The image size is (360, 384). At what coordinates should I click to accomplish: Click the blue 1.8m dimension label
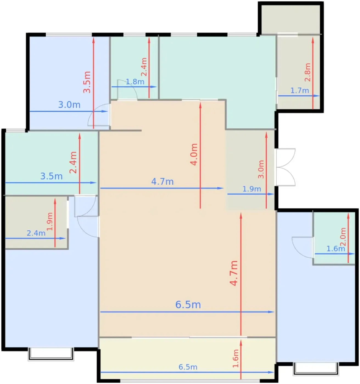tap(135, 81)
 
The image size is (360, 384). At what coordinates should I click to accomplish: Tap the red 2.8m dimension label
tap(308, 72)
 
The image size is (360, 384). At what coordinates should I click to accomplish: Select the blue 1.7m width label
tap(300, 90)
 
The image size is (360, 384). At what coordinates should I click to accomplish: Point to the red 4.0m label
tap(194, 154)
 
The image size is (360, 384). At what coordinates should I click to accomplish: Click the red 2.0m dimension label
tap(343, 237)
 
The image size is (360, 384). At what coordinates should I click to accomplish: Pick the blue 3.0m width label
tap(69, 105)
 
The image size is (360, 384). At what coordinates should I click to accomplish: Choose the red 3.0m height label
tap(261, 169)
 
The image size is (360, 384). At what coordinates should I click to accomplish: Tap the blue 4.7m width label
tap(162, 182)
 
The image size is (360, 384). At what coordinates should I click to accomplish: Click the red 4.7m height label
tap(233, 273)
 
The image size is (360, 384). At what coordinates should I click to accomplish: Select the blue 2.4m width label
tap(36, 233)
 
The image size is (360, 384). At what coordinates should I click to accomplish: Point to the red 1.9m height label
tap(50, 221)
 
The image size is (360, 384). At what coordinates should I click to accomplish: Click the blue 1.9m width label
tap(252, 189)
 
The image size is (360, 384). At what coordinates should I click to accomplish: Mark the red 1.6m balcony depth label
tap(236, 358)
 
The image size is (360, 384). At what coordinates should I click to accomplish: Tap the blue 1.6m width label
tap(336, 249)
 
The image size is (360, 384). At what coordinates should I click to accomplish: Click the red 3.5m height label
tap(87, 82)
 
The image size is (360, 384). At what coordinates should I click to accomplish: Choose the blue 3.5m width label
tap(51, 176)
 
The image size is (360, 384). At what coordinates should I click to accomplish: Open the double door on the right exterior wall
tap(285, 167)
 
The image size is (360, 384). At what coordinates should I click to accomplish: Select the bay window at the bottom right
tap(316, 369)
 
